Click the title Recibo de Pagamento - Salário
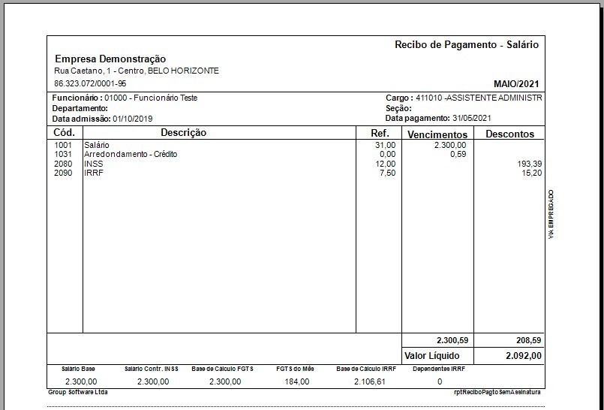pyautogui.click(x=466, y=45)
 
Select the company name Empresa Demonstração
pyautogui.click(x=110, y=59)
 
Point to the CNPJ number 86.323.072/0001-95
pyautogui.click(x=90, y=83)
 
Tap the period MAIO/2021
pyautogui.click(x=516, y=83)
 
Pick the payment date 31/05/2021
pyautogui.click(x=472, y=119)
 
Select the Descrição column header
pyautogui.click(x=183, y=133)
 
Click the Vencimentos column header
pyautogui.click(x=437, y=134)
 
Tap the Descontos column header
pyautogui.click(x=509, y=134)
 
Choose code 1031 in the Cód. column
pyautogui.click(x=64, y=154)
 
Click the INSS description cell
pyautogui.click(x=94, y=164)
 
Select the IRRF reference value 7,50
pyautogui.click(x=385, y=173)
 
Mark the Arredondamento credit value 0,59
pyautogui.click(x=458, y=154)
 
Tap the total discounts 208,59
pyautogui.click(x=528, y=339)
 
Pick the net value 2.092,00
pyautogui.click(x=523, y=355)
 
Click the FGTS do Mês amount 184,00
pyautogui.click(x=296, y=381)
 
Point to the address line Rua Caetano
pyautogui.click(x=137, y=71)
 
